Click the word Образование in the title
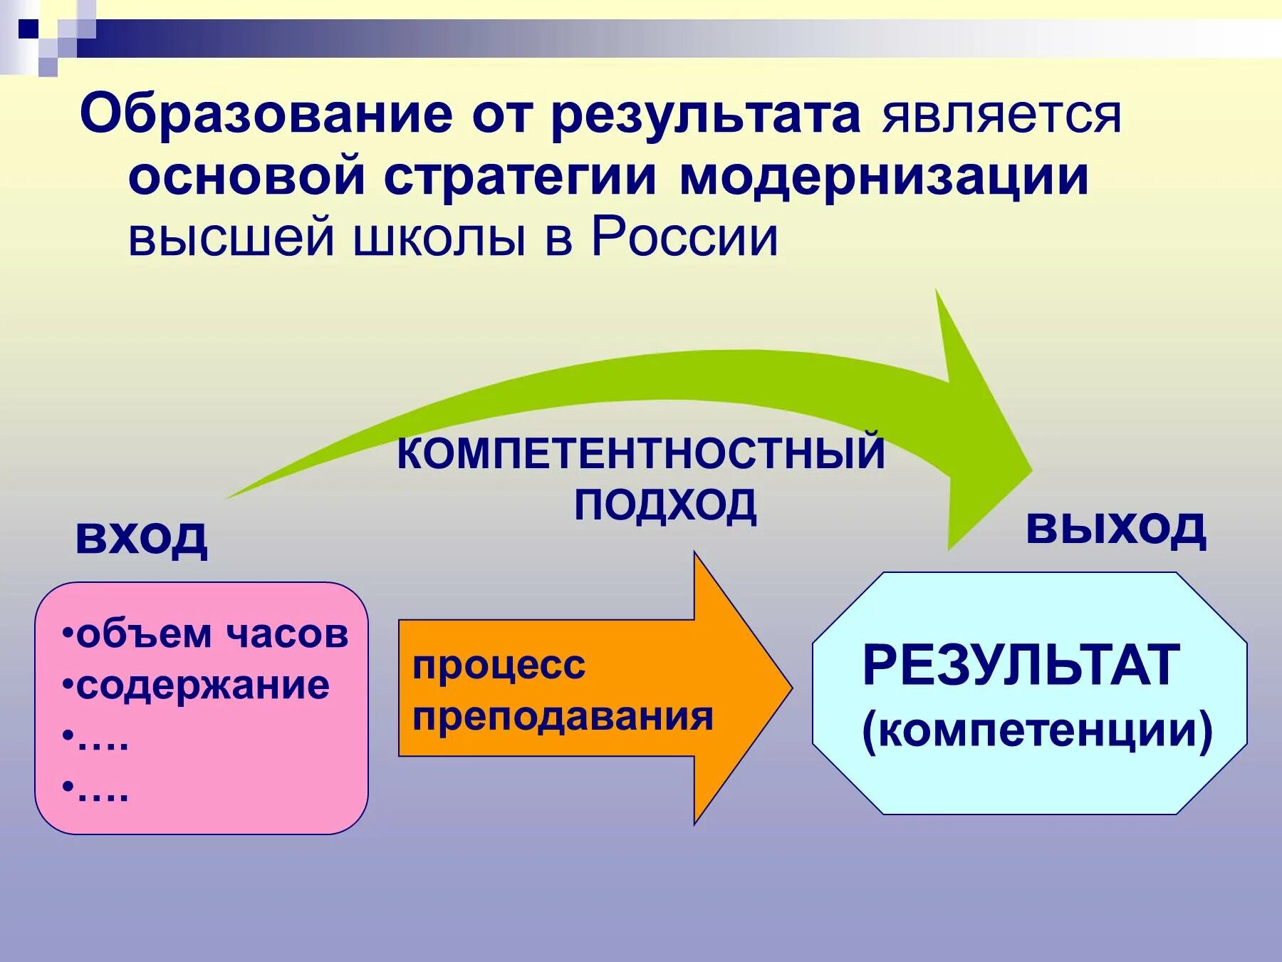click(266, 114)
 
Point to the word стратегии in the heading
click(520, 177)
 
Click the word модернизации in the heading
click(884, 177)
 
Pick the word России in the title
click(684, 238)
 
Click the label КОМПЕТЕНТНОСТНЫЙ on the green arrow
click(640, 452)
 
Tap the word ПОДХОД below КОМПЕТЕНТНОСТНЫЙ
click(665, 505)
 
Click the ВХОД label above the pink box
click(141, 536)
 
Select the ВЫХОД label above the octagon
click(1115, 528)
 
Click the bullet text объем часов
click(212, 633)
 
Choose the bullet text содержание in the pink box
click(202, 686)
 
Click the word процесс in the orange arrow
click(499, 666)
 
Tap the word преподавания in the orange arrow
click(563, 716)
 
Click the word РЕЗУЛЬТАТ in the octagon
click(1021, 666)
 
